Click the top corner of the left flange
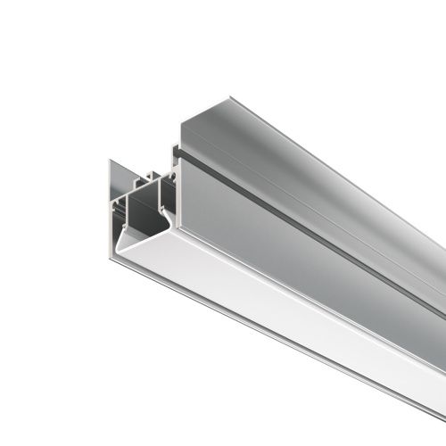[x=111, y=161]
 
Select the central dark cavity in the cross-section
[x=143, y=214]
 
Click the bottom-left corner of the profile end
[x=111, y=259]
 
